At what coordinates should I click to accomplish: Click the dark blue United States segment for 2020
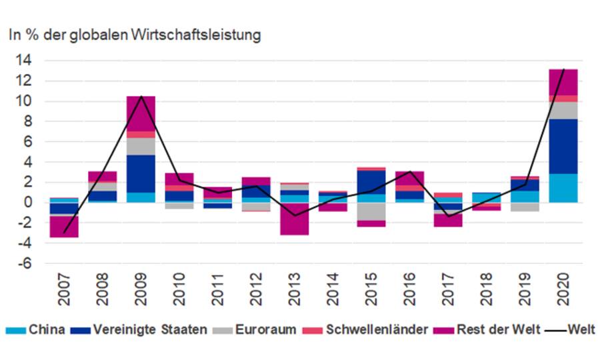click(x=563, y=146)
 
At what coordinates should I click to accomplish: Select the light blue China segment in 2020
click(x=563, y=188)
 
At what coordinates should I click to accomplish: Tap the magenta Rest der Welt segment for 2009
click(x=141, y=113)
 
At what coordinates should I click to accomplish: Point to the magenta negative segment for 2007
click(x=63, y=227)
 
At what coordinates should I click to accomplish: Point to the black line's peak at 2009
click(x=141, y=96)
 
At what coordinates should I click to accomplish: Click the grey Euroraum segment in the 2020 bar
click(x=563, y=110)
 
